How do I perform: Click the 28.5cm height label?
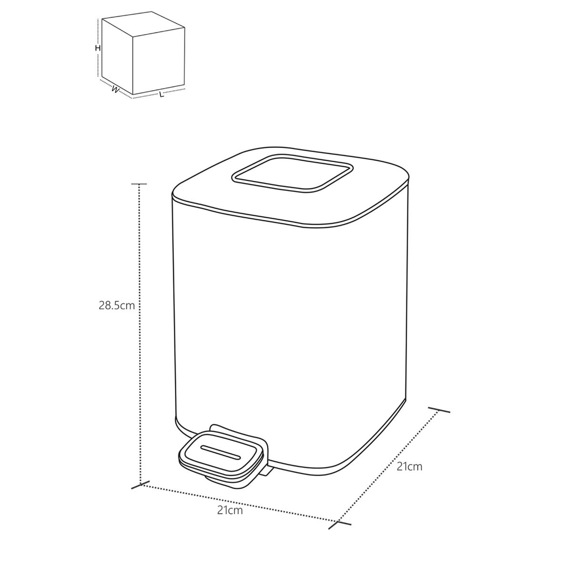point(117,306)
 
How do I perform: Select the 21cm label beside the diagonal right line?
point(409,466)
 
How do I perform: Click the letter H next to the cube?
point(97,48)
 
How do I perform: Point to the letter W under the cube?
point(115,89)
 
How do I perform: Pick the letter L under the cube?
point(161,95)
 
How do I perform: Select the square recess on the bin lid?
point(292,175)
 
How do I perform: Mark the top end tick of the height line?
point(139,184)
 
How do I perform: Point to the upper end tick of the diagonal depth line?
point(439,410)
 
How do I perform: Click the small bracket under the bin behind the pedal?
point(268,471)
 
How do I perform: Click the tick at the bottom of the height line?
point(137,486)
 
